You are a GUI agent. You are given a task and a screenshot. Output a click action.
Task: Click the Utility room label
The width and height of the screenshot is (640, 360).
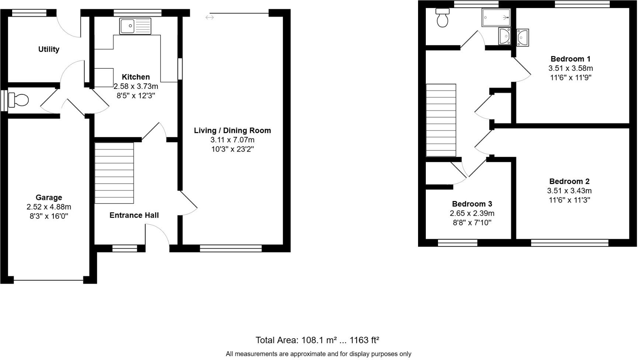click(x=49, y=49)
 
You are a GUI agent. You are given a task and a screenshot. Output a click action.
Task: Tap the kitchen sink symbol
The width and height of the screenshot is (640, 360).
click(x=135, y=26)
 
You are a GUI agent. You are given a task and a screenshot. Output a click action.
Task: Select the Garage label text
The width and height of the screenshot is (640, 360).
click(x=49, y=198)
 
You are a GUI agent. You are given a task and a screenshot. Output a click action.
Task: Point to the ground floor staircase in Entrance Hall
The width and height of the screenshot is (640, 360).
click(x=114, y=173)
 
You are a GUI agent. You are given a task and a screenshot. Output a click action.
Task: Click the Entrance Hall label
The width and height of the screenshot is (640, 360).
click(x=134, y=215)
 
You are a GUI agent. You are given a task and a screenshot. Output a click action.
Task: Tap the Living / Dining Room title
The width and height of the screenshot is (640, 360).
click(x=232, y=131)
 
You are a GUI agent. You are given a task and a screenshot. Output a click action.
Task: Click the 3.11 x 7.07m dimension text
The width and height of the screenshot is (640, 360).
click(x=232, y=140)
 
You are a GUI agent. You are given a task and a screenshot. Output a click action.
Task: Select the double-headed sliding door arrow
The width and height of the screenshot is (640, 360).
click(x=209, y=17)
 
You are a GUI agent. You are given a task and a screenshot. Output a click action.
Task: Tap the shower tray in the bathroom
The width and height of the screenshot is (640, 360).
click(x=496, y=17)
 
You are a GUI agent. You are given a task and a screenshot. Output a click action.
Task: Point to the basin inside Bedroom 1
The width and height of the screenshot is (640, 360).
click(x=522, y=37)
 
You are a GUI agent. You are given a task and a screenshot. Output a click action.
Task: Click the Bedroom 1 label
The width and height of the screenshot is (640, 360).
click(x=570, y=59)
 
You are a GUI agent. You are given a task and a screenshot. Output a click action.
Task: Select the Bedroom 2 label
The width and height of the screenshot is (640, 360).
click(x=569, y=181)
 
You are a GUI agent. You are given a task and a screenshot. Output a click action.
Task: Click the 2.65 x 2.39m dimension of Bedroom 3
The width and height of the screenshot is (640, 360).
click(x=472, y=214)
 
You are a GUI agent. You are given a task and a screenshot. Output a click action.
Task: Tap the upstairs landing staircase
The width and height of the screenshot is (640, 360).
click(x=441, y=120)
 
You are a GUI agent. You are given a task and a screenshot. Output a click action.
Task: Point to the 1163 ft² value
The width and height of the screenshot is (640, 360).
click(x=364, y=340)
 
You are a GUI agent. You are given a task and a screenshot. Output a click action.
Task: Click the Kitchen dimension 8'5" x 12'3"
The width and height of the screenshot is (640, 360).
click(x=136, y=96)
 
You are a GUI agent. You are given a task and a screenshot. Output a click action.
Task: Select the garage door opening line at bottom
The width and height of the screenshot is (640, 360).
click(x=48, y=280)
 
